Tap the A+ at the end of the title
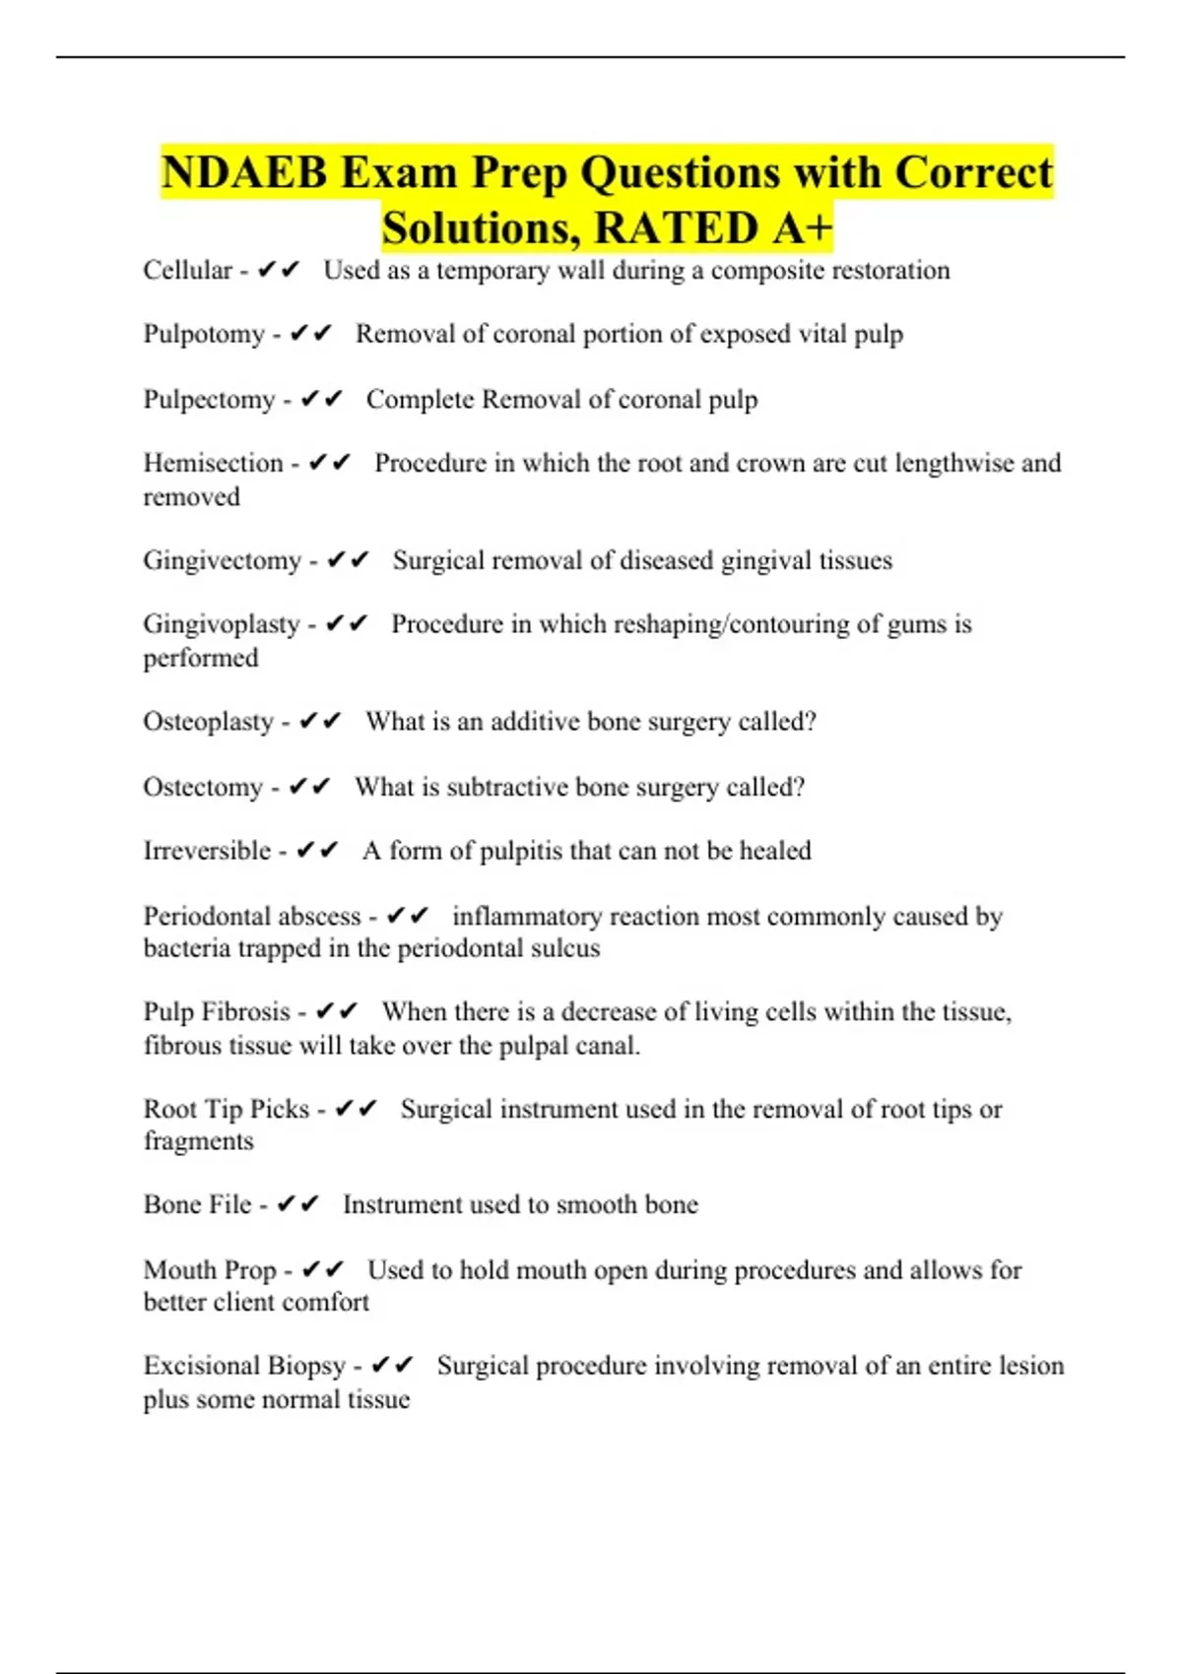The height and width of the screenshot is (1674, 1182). coord(802,228)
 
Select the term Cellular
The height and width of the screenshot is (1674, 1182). coord(187,270)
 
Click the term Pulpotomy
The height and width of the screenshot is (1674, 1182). coord(204,335)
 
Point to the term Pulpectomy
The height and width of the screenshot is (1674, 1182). coord(209,400)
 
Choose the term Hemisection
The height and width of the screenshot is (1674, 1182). coord(213,463)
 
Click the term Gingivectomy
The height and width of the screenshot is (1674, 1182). coord(222,560)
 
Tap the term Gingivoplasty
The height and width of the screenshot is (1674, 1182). coord(221,624)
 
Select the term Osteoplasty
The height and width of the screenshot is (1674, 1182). coord(208,722)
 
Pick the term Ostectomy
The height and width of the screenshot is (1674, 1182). coord(203,787)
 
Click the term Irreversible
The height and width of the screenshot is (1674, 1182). coord(207,851)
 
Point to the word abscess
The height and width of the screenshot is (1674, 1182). coord(320,916)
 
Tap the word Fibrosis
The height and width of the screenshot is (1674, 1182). coord(245,1011)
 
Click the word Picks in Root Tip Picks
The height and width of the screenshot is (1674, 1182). coord(280,1109)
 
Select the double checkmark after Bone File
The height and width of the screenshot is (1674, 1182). coord(297,1204)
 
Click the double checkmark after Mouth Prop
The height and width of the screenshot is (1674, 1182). coord(322,1269)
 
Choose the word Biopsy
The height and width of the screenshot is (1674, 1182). coord(305,1366)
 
